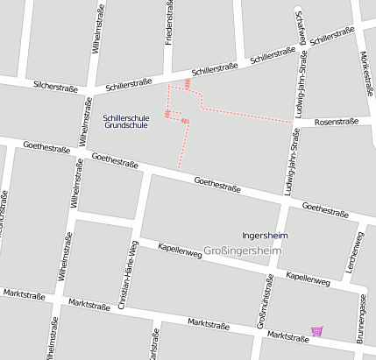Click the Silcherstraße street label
(x=55, y=86)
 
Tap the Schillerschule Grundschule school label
(x=126, y=121)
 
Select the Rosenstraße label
(x=336, y=122)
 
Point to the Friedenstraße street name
(x=169, y=25)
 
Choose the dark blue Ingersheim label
(x=264, y=235)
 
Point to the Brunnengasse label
(x=361, y=317)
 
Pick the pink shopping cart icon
(x=316, y=331)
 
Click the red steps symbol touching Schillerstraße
(x=188, y=84)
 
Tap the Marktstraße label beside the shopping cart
(x=288, y=336)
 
